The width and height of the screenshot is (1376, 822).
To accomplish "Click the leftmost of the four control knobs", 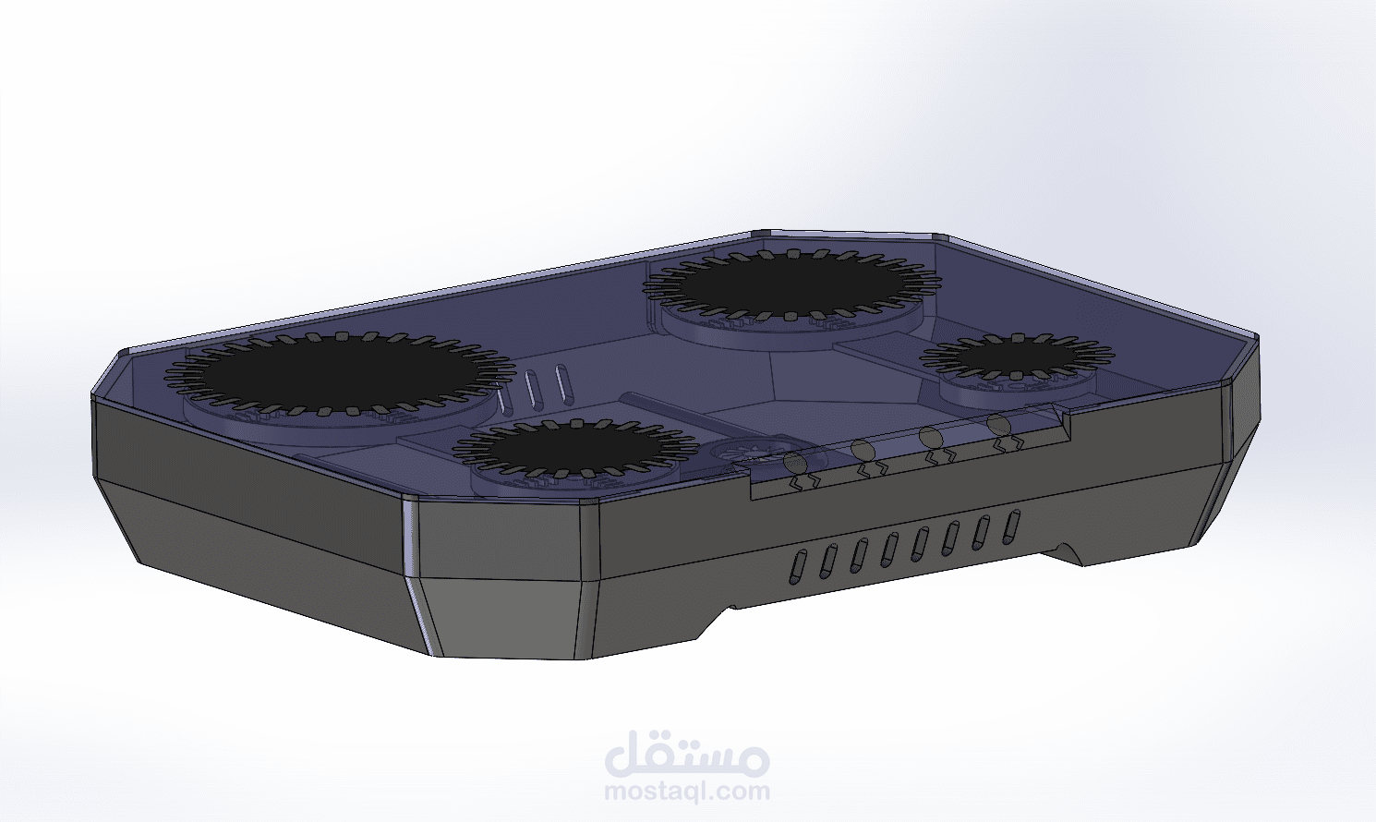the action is click(x=797, y=464).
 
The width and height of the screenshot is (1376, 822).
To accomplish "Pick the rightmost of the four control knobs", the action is click(x=999, y=427).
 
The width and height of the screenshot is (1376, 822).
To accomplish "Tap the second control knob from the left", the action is click(x=864, y=451).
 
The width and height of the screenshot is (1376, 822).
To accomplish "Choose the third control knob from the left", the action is click(x=931, y=439).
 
